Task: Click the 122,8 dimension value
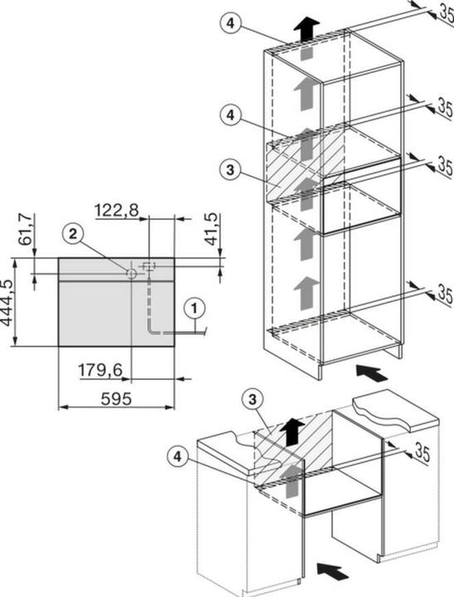tap(118, 212)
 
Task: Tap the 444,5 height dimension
tap(9, 303)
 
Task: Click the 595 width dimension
tap(116, 399)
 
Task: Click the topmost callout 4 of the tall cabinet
tap(232, 23)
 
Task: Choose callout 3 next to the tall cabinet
tap(232, 170)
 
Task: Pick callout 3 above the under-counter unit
tap(256, 399)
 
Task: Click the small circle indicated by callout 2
tap(130, 272)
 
